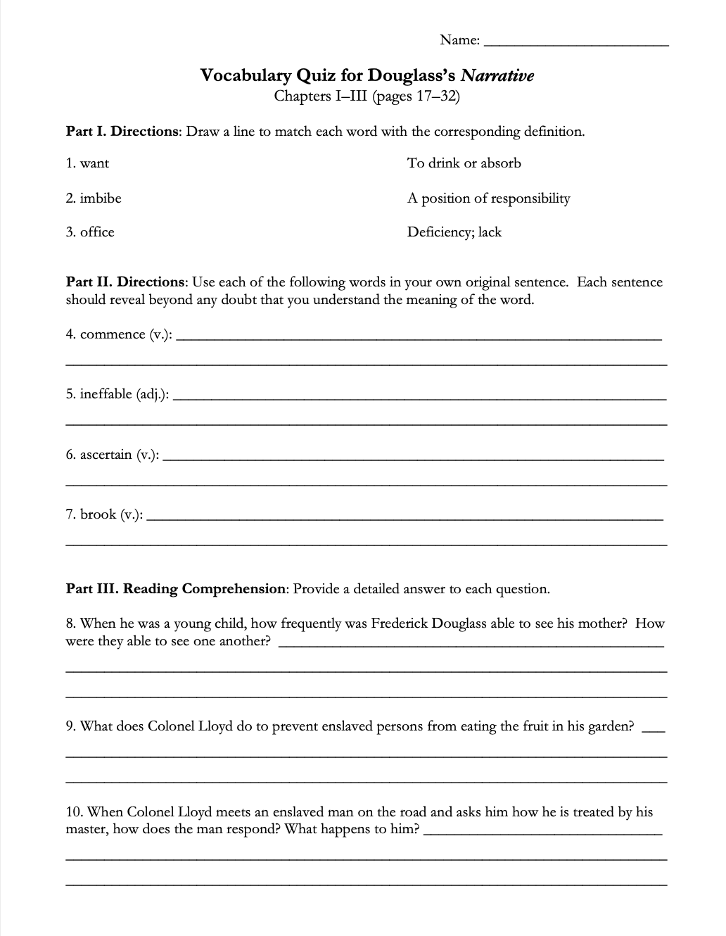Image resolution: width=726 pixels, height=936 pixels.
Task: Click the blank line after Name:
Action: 577,42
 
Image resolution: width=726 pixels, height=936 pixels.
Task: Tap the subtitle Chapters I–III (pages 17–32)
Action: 367,95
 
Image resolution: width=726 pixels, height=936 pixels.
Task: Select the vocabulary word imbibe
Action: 100,198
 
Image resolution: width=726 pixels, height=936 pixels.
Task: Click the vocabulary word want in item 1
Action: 94,164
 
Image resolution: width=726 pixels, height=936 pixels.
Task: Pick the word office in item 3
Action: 97,232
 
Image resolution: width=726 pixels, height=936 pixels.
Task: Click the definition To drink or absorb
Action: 464,163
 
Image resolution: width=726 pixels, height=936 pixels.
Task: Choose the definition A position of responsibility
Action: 488,198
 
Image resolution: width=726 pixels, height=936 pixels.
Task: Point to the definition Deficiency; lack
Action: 454,232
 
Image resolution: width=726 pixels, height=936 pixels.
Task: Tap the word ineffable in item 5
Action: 106,394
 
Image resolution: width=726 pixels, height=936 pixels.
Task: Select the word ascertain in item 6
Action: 106,455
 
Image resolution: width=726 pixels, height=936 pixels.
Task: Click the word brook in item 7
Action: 98,514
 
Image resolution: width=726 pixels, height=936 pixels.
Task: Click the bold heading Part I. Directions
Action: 123,132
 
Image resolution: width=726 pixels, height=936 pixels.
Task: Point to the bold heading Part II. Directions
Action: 125,282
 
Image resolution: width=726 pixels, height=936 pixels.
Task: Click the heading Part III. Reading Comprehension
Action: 176,589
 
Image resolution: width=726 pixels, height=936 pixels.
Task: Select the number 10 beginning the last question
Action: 73,812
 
